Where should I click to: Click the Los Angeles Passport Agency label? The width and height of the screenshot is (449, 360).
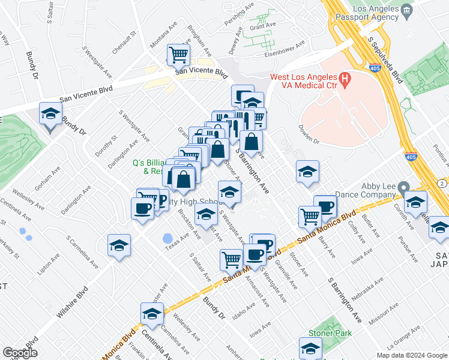(x=367, y=15)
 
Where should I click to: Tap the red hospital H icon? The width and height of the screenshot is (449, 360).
(x=345, y=78)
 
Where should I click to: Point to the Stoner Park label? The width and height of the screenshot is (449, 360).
(x=325, y=332)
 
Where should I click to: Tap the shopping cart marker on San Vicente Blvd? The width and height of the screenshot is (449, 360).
(x=178, y=56)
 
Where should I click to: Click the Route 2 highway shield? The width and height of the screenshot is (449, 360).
(x=441, y=182)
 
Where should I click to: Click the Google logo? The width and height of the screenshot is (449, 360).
(x=20, y=353)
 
